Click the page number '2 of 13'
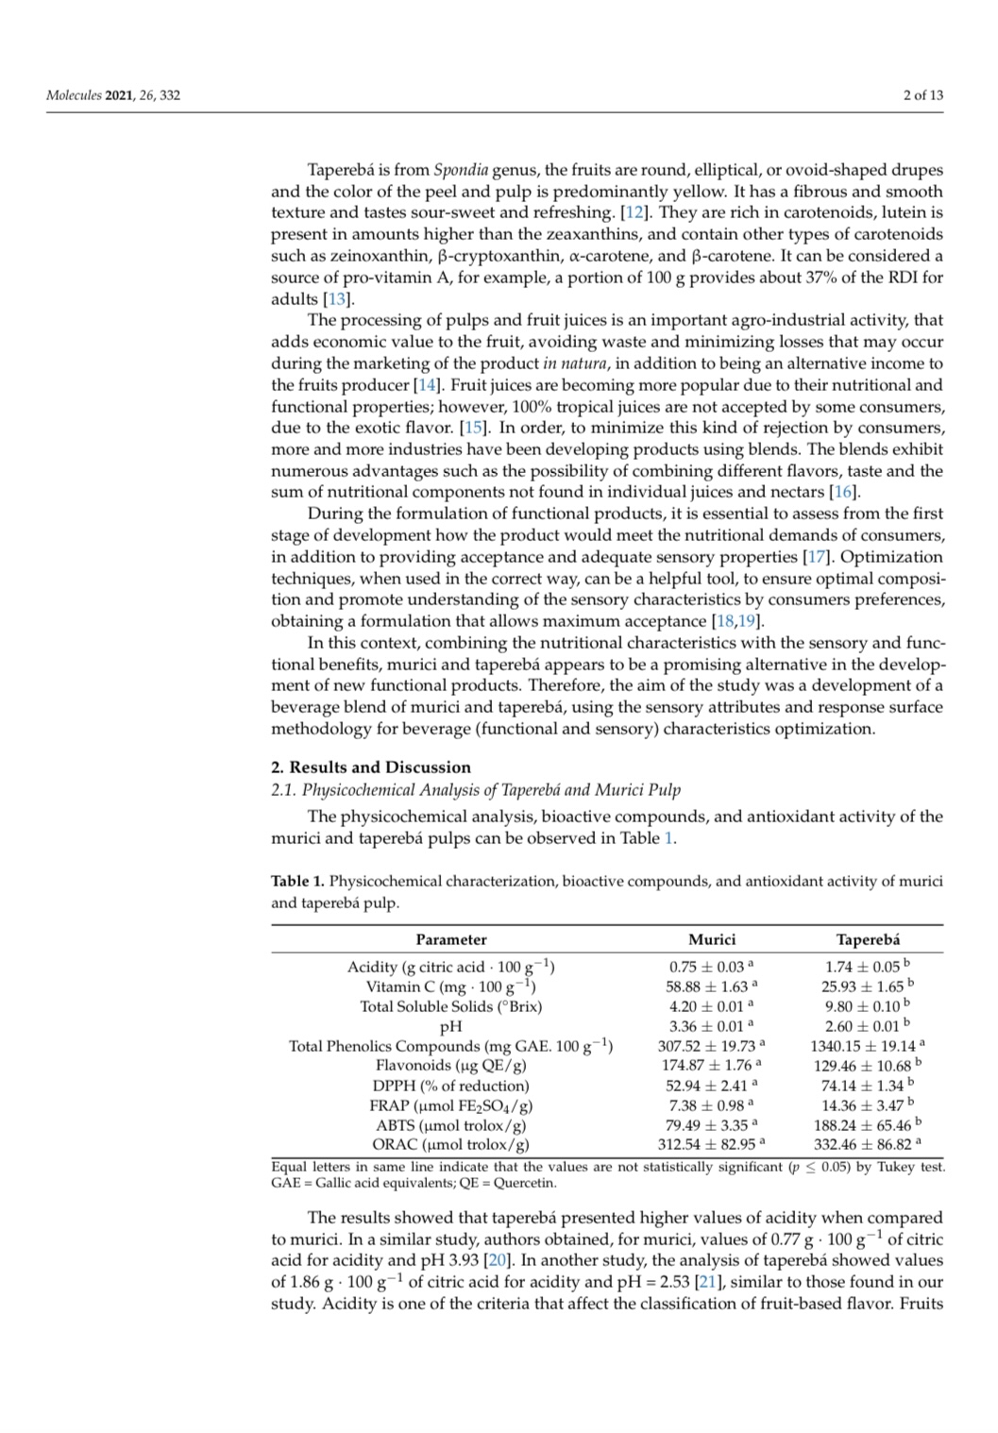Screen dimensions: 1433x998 [x=922, y=95]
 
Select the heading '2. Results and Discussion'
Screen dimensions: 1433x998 [x=370, y=767]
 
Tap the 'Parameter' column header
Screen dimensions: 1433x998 [x=451, y=939]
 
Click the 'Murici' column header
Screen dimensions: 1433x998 [x=711, y=939]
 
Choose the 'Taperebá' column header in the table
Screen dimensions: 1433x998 [x=868, y=939]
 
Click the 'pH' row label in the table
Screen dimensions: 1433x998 [x=450, y=1026]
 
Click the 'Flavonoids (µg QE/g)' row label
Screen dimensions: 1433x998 [x=450, y=1066]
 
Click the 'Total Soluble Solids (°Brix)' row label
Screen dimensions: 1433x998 [x=450, y=1006]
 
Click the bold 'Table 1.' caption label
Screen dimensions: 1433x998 [x=297, y=882]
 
